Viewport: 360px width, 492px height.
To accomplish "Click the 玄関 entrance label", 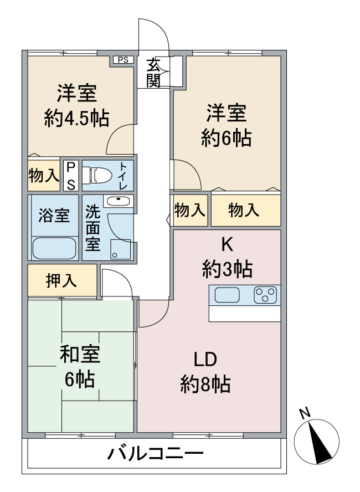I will point(153,72).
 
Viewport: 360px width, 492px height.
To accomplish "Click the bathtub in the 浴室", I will point(53,247).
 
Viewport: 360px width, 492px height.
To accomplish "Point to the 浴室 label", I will point(54,216).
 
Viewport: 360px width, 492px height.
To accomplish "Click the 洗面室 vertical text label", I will point(92,227).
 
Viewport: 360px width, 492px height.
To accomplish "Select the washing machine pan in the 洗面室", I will point(120,249).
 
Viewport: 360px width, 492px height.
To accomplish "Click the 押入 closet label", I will point(61,281).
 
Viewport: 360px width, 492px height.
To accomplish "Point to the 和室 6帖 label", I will point(80,366).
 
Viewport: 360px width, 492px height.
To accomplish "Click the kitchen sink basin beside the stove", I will point(227,295).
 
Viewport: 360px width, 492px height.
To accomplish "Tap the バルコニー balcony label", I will point(155,456).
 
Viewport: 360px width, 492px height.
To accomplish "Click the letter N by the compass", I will point(304,413).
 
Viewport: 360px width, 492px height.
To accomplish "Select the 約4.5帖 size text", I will point(77,117).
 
